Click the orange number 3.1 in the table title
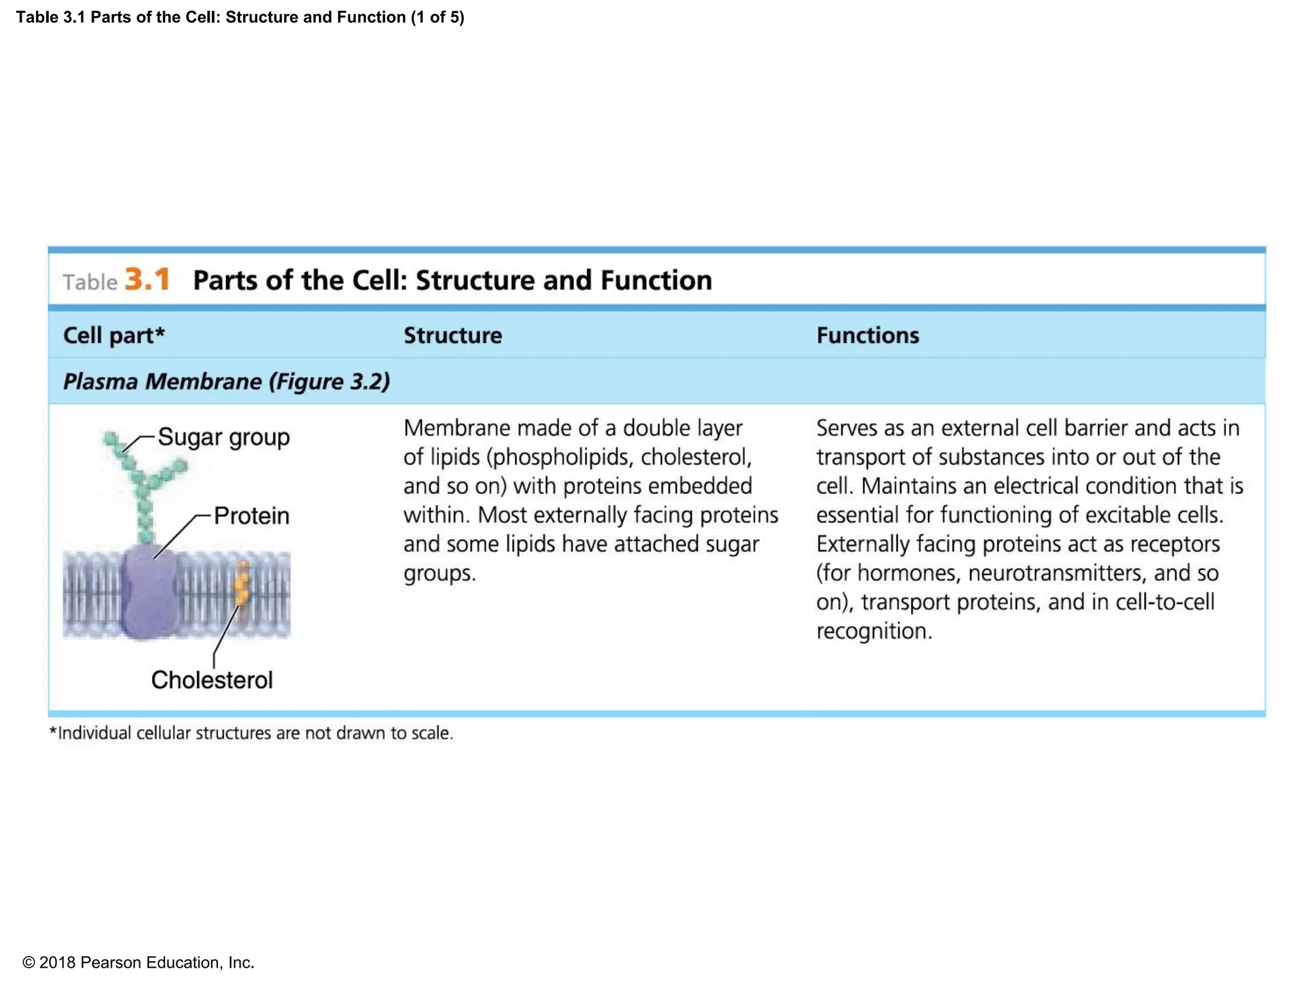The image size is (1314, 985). pos(148,280)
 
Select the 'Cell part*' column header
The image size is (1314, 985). pos(114,335)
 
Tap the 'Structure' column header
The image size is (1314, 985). pos(452,335)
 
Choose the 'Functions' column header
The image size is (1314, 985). pos(867,335)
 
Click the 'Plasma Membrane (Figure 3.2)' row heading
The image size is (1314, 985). pos(226,382)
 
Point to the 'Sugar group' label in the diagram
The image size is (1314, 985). pos(223,437)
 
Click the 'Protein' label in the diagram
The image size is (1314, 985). pos(252,516)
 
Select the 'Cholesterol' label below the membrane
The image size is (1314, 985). pos(212,680)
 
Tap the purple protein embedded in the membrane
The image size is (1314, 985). pos(149,593)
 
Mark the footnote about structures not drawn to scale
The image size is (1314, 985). pos(251,733)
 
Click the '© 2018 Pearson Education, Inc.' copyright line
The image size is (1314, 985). pos(138,963)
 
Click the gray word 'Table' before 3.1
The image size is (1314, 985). pos(90,282)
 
